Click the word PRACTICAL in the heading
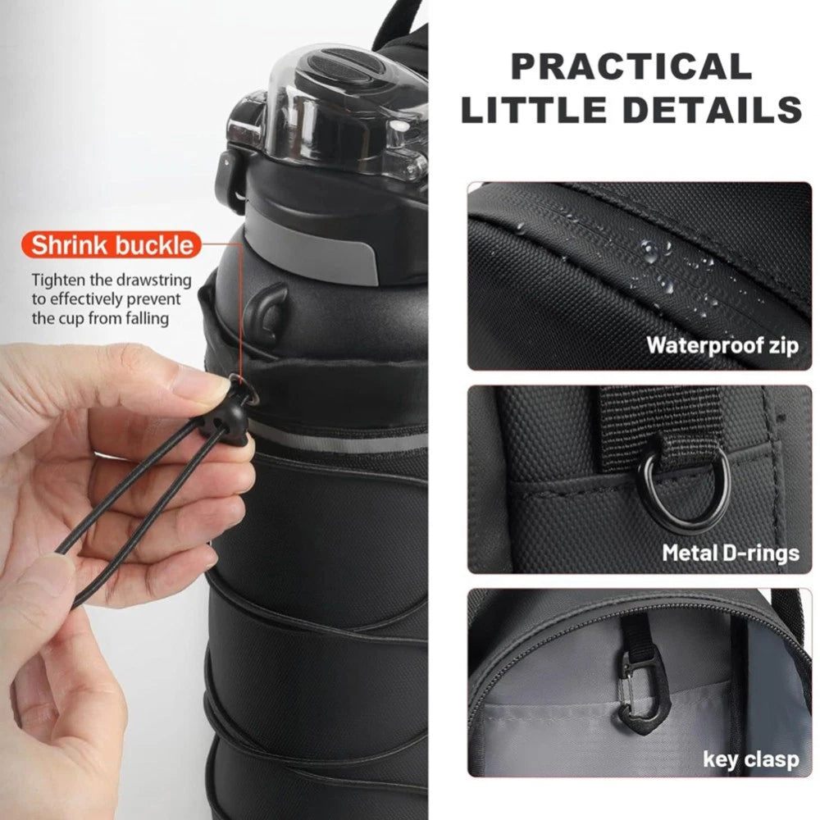631,66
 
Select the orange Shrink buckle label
113,244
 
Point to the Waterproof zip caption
722,344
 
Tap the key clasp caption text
750,759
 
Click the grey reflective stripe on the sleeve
344,441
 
